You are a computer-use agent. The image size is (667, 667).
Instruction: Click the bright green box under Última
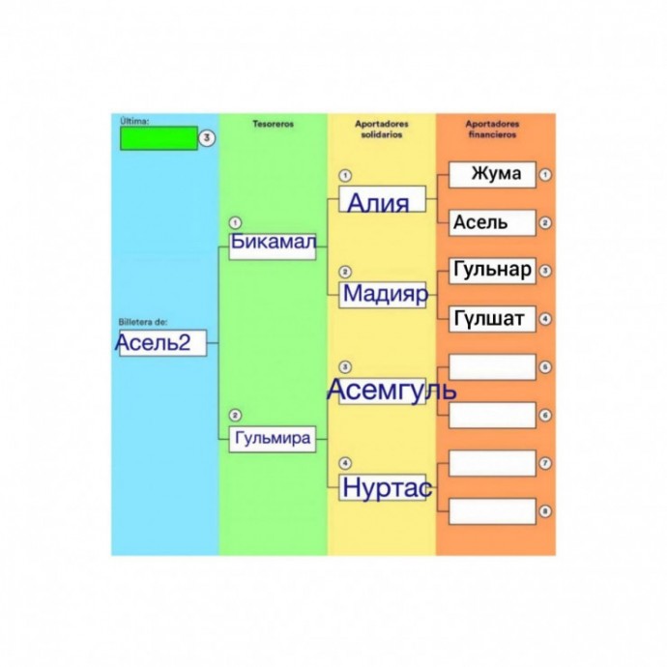159,138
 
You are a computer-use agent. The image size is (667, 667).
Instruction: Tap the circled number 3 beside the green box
207,138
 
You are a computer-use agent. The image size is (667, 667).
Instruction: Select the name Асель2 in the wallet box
153,342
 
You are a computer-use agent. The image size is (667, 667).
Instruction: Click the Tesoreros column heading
274,124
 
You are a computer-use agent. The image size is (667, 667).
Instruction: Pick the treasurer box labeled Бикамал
273,246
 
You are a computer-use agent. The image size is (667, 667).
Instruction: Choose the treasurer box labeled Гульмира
273,439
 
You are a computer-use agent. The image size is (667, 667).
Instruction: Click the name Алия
378,203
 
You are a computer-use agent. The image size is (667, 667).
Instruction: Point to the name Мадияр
386,294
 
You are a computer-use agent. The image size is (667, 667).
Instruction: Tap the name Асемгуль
391,390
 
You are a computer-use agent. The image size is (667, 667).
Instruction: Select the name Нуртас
387,487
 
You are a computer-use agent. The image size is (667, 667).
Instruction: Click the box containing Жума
492,174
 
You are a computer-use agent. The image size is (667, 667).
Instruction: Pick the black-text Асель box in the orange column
492,222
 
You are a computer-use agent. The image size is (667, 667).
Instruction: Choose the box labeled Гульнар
492,271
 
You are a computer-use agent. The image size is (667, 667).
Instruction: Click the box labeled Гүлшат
492,319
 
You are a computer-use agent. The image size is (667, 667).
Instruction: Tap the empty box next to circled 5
492,366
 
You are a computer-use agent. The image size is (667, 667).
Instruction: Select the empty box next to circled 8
492,511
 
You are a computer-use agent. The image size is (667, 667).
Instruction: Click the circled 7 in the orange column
545,463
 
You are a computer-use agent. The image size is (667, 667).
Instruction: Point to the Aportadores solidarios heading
382,130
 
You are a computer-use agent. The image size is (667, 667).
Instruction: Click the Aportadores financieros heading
492,130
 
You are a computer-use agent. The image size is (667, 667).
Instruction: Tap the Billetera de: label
143,322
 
